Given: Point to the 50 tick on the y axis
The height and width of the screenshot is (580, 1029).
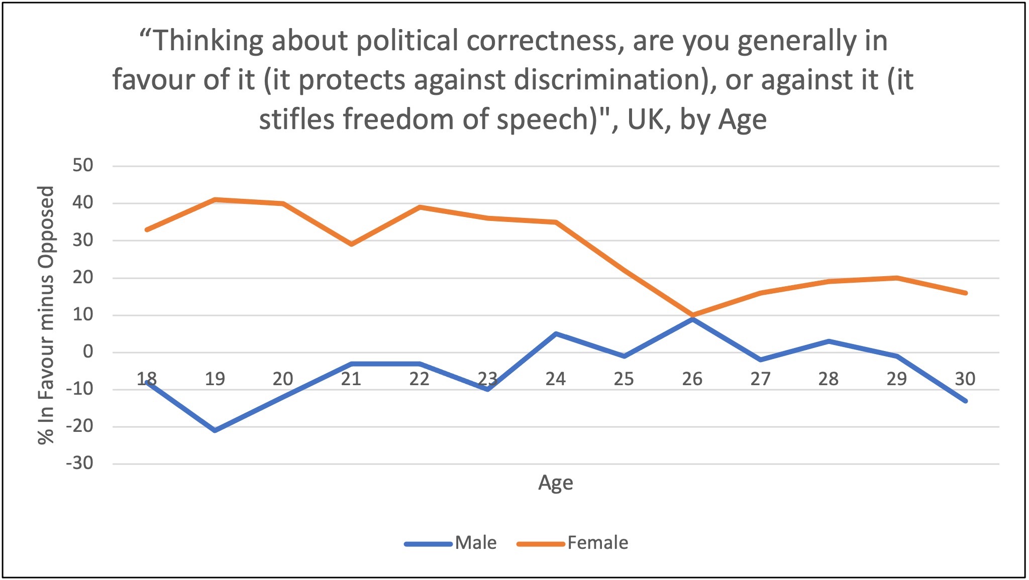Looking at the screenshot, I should click(x=82, y=165).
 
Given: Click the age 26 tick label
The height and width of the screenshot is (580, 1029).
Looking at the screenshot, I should click(x=692, y=379).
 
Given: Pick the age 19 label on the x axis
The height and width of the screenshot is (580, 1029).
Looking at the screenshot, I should click(x=215, y=379).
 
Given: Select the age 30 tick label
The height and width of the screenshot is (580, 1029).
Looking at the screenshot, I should click(x=965, y=379).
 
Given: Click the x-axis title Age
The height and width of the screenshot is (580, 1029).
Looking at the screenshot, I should click(x=555, y=483).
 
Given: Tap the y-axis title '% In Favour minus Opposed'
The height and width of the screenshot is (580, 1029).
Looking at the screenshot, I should click(x=46, y=315).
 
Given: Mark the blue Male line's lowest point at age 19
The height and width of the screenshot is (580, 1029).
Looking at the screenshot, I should click(x=215, y=430).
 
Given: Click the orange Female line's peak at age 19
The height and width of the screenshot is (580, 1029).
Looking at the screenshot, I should click(x=215, y=200).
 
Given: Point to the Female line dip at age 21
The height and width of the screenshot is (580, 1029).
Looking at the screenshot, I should click(x=351, y=244).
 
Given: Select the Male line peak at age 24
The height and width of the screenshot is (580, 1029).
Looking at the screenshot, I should click(x=556, y=333).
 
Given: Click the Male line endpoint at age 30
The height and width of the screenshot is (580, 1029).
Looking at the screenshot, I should click(x=965, y=401).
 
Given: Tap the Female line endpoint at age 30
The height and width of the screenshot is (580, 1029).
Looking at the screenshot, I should click(x=965, y=293).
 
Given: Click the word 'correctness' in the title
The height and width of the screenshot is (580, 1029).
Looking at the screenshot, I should click(x=541, y=40).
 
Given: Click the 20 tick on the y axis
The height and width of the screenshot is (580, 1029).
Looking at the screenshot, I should click(x=82, y=277).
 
